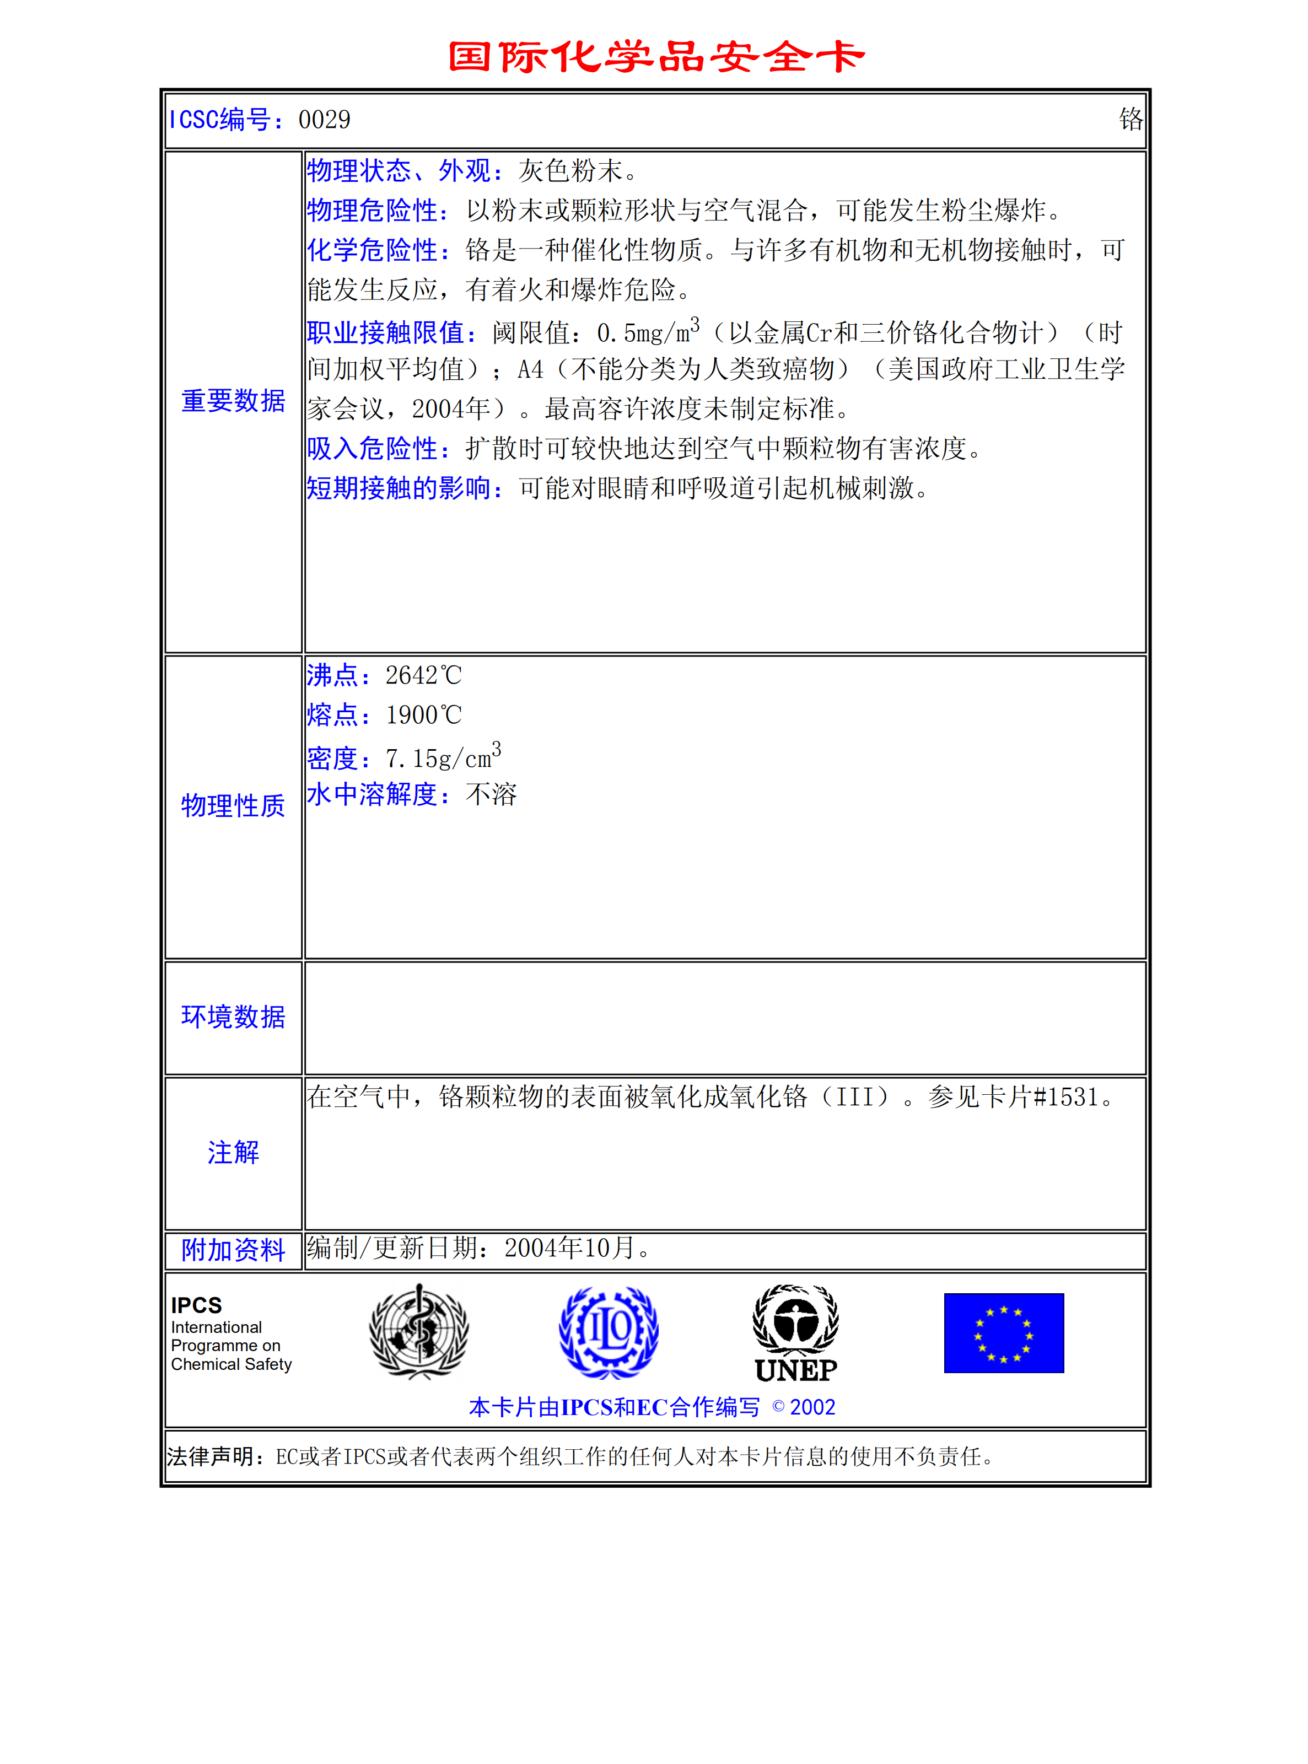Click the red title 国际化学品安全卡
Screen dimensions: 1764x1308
[655, 57]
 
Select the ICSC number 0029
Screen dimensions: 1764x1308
[324, 120]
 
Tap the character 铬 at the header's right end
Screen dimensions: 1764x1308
[1130, 120]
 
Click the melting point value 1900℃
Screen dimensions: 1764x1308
[423, 716]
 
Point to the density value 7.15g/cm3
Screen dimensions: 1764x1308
[442, 758]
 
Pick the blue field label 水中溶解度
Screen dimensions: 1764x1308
[378, 795]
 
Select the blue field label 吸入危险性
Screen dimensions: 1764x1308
[378, 449]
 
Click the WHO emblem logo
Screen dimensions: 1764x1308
[419, 1332]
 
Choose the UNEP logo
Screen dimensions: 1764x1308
[796, 1334]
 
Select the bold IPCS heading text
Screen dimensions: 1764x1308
[196, 1305]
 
